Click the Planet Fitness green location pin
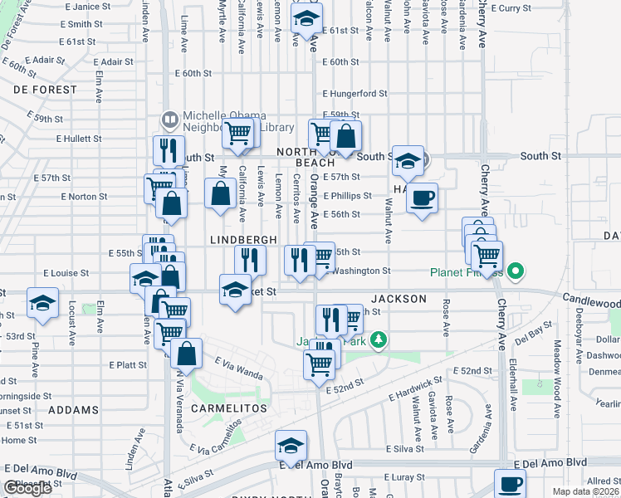(x=516, y=271)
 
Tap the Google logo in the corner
(x=27, y=488)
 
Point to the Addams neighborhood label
(x=73, y=410)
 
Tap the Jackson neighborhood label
(x=399, y=298)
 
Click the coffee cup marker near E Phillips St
(x=423, y=198)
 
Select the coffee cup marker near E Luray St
(x=510, y=483)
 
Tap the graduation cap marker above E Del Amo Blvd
(x=291, y=447)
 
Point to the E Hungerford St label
(x=355, y=94)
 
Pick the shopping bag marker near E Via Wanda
(x=187, y=353)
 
